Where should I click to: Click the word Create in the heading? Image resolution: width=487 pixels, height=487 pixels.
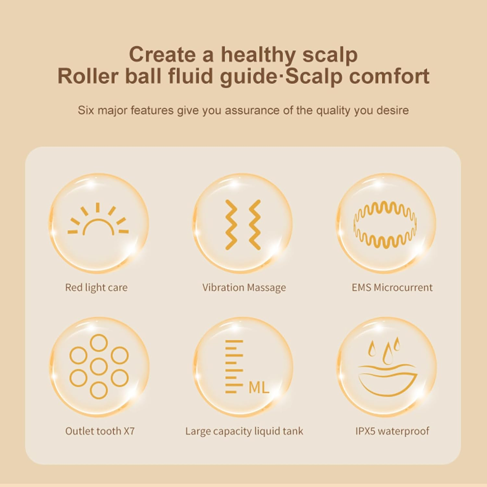[x=162, y=55]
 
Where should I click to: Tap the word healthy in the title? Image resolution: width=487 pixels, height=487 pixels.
[x=258, y=55]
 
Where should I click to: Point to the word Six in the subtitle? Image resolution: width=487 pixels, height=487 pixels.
[x=86, y=110]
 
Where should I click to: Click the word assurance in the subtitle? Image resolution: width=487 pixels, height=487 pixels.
[x=252, y=110]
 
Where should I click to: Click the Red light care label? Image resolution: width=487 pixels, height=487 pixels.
[x=96, y=287]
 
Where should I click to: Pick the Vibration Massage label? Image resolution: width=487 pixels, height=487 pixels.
[x=244, y=287]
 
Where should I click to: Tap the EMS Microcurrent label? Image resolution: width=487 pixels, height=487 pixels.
[x=392, y=287]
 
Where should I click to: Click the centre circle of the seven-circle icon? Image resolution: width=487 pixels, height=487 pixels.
[x=99, y=367]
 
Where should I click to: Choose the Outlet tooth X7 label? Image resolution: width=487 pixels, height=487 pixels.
[x=100, y=431]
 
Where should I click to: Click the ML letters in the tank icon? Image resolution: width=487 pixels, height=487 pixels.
[x=259, y=387]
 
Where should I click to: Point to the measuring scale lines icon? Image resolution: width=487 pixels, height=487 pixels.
[x=234, y=367]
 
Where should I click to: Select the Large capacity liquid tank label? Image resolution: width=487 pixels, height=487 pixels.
[x=244, y=431]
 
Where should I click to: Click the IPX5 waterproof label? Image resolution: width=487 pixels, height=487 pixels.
[x=392, y=431]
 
